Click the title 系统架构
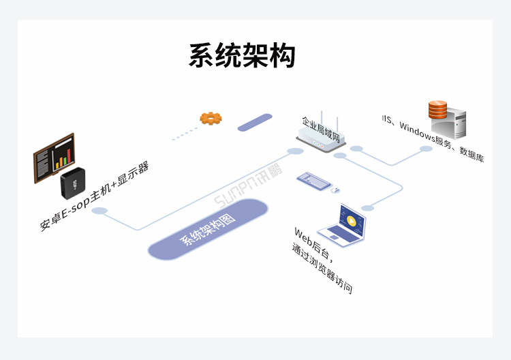(x=242, y=55)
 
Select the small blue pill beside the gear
(x=255, y=122)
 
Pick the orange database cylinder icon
(x=437, y=108)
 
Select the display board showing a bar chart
(x=54, y=157)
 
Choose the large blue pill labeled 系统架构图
(x=207, y=229)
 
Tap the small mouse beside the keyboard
(x=337, y=190)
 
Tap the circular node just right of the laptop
(x=368, y=207)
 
